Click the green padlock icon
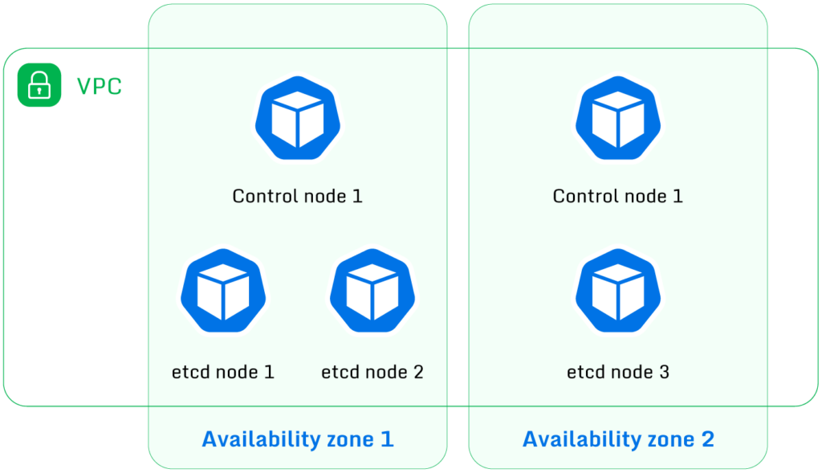click(x=39, y=84)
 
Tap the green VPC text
click(x=99, y=86)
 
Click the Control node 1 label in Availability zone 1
click(x=297, y=196)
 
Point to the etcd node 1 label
click(x=223, y=372)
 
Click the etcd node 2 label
click(x=372, y=372)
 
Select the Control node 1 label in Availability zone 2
click(x=617, y=196)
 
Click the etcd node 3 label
click(x=617, y=372)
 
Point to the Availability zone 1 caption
click(x=297, y=439)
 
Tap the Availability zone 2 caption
click(x=618, y=439)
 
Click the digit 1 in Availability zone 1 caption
click(x=388, y=439)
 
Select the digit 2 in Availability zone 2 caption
click(x=707, y=439)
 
